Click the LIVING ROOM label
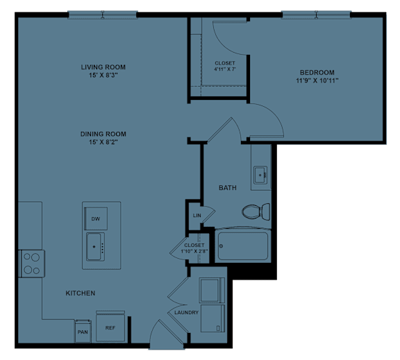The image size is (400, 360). point(107,67)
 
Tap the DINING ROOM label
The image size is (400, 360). point(107,134)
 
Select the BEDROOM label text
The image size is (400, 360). point(317,73)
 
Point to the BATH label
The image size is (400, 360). point(228,188)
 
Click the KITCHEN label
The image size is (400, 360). point(81,293)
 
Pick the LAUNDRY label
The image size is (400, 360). point(187,312)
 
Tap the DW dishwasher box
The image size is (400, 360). point(95,218)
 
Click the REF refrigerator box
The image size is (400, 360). point(110,328)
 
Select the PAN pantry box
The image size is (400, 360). point(82,331)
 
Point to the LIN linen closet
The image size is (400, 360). point(197,216)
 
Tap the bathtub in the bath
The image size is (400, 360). point(242,245)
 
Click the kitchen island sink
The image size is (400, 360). point(96,244)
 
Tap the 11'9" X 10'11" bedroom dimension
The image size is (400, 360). point(317,80)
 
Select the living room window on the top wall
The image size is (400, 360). point(102,14)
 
